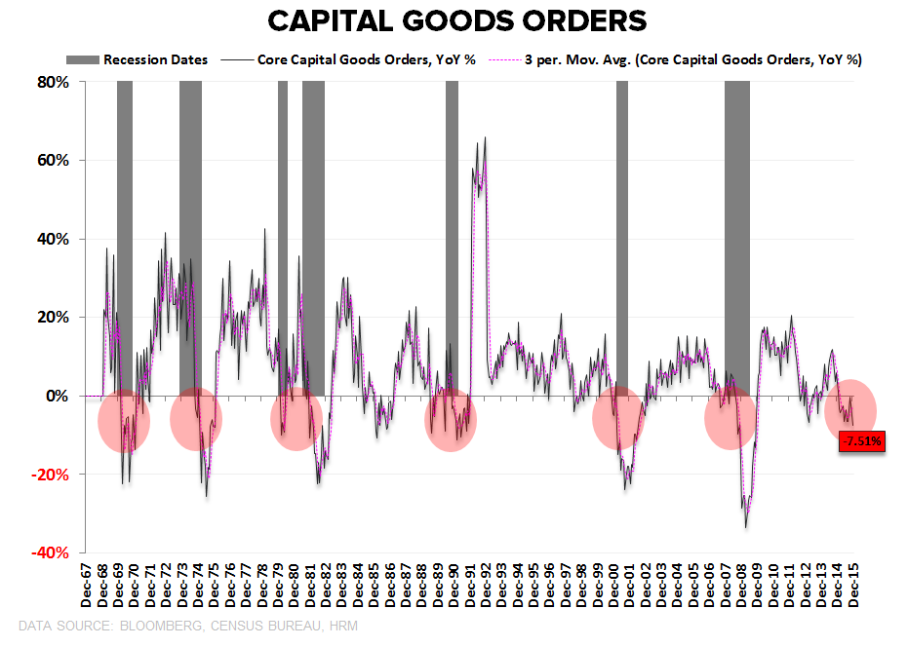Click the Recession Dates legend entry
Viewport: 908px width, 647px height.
[169, 60]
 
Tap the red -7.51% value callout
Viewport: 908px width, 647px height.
[861, 441]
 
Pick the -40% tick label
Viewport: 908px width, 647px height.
[51, 553]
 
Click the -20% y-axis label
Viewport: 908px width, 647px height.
[51, 475]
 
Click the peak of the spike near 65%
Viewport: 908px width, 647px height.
[485, 139]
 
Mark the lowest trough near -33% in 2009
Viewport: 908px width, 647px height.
[746, 527]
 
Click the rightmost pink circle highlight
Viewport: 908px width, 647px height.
[850, 410]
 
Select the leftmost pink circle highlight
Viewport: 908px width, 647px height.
[124, 420]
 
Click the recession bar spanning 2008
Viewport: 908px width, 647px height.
[737, 234]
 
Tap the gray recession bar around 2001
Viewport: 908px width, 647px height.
[622, 234]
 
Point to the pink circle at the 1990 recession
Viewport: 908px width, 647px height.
[451, 420]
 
